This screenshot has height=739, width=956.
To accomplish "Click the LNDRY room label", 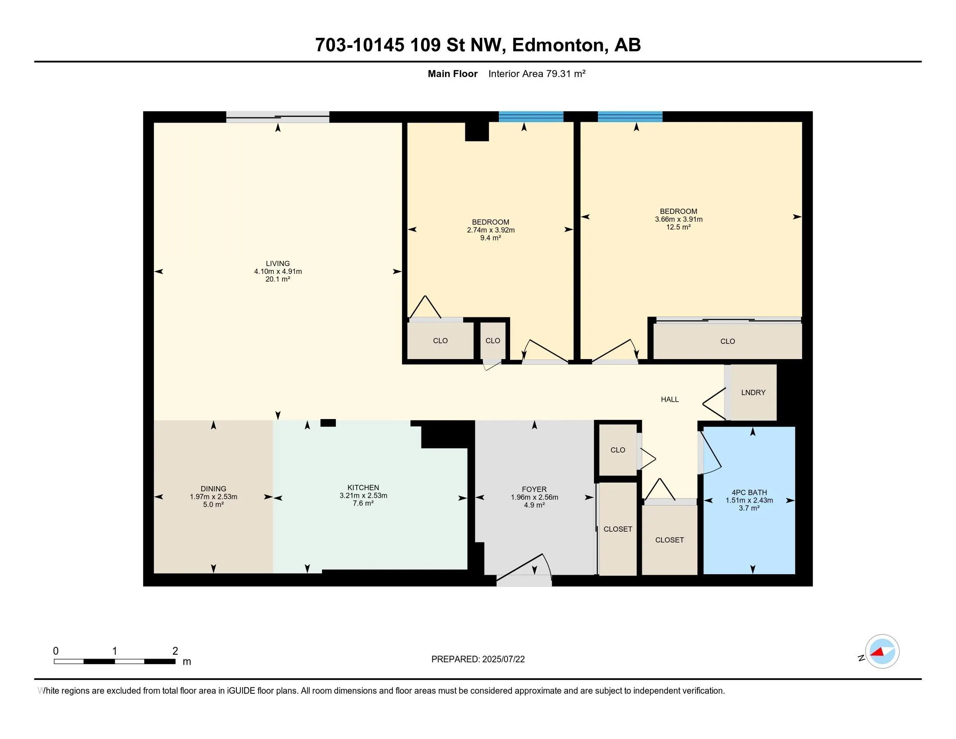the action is tap(754, 393).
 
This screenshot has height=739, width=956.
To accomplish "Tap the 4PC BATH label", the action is tap(749, 493).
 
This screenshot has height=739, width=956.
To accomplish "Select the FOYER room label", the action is tap(534, 489).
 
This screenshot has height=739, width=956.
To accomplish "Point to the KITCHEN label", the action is tap(363, 488).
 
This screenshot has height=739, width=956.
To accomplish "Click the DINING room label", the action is tap(214, 489).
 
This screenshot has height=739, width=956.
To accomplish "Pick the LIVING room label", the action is tap(278, 263).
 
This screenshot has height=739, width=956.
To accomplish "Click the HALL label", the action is tap(670, 399).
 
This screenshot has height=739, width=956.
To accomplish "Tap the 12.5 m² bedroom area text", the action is tap(678, 227).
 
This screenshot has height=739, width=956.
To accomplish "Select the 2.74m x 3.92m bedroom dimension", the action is tap(491, 230).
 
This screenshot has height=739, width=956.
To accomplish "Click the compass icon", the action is tap(882, 651).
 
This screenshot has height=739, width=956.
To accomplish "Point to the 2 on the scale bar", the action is tap(175, 651).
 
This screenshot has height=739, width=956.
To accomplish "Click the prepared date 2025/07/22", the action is tap(503, 659).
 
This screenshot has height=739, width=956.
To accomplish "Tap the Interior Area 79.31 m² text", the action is tap(537, 73).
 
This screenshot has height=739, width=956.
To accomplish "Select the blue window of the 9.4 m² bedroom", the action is tap(531, 117).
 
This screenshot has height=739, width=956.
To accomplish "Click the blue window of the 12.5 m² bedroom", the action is tap(630, 117).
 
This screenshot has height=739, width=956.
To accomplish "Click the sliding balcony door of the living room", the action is tap(278, 117).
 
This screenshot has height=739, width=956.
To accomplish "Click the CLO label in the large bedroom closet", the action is tap(727, 342).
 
